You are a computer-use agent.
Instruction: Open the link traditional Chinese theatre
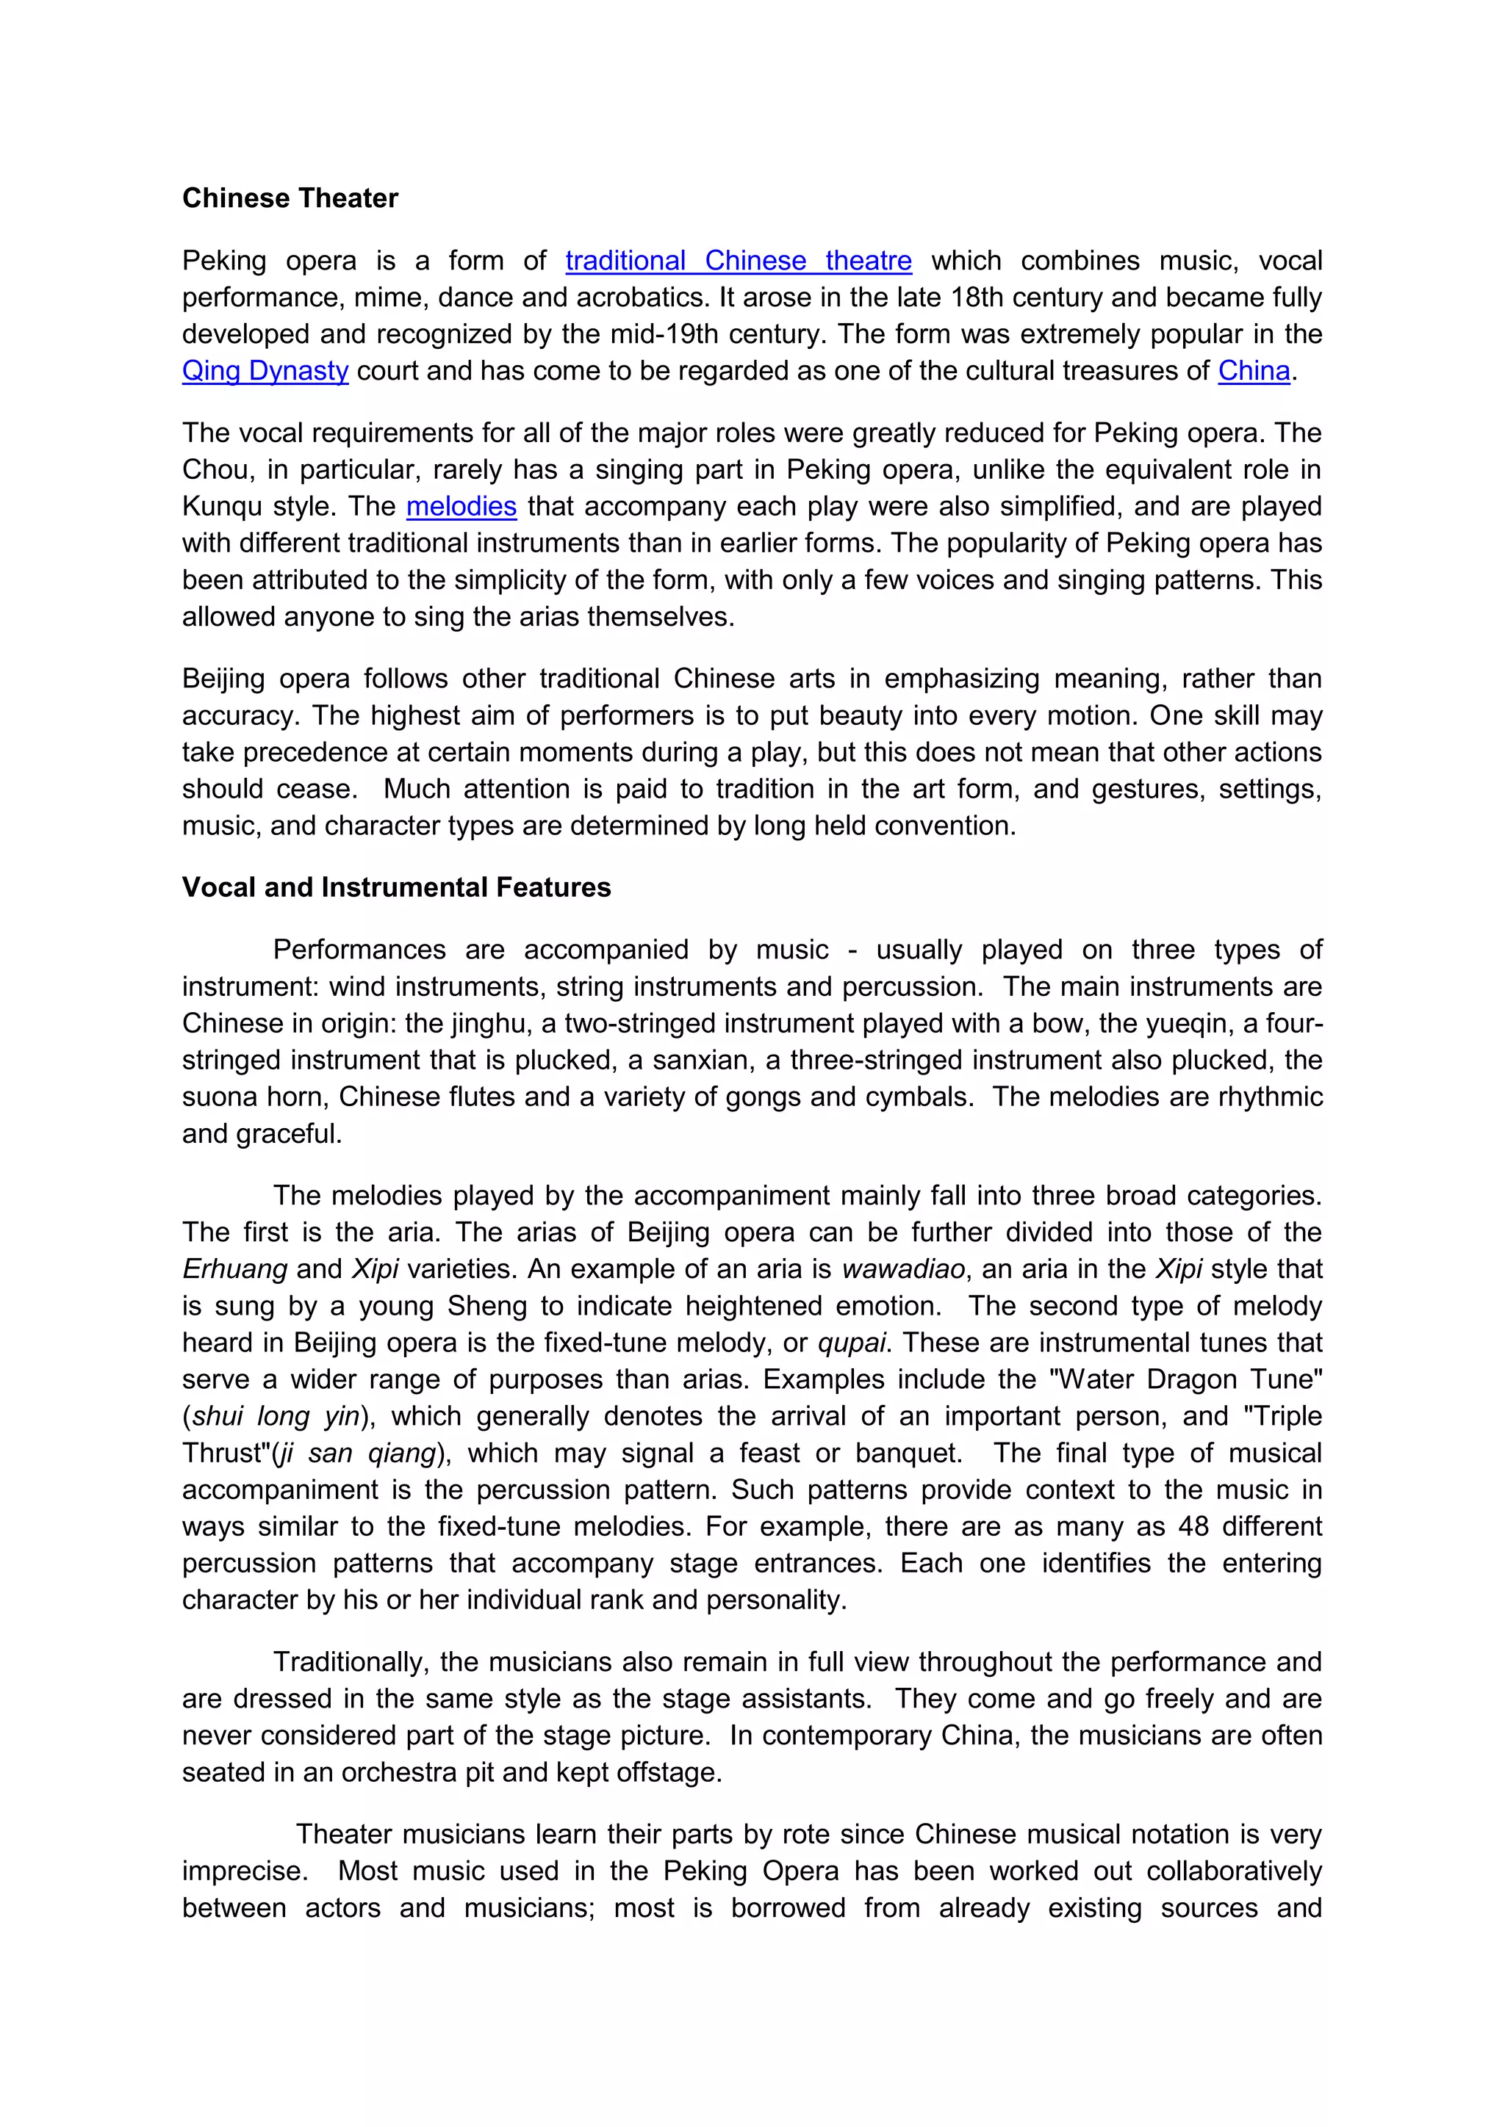pyautogui.click(x=738, y=261)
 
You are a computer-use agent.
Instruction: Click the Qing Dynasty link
pyautogui.click(x=265, y=372)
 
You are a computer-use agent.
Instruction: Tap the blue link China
pyautogui.click(x=1253, y=372)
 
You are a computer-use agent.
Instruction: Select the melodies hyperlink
pyautogui.click(x=461, y=507)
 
